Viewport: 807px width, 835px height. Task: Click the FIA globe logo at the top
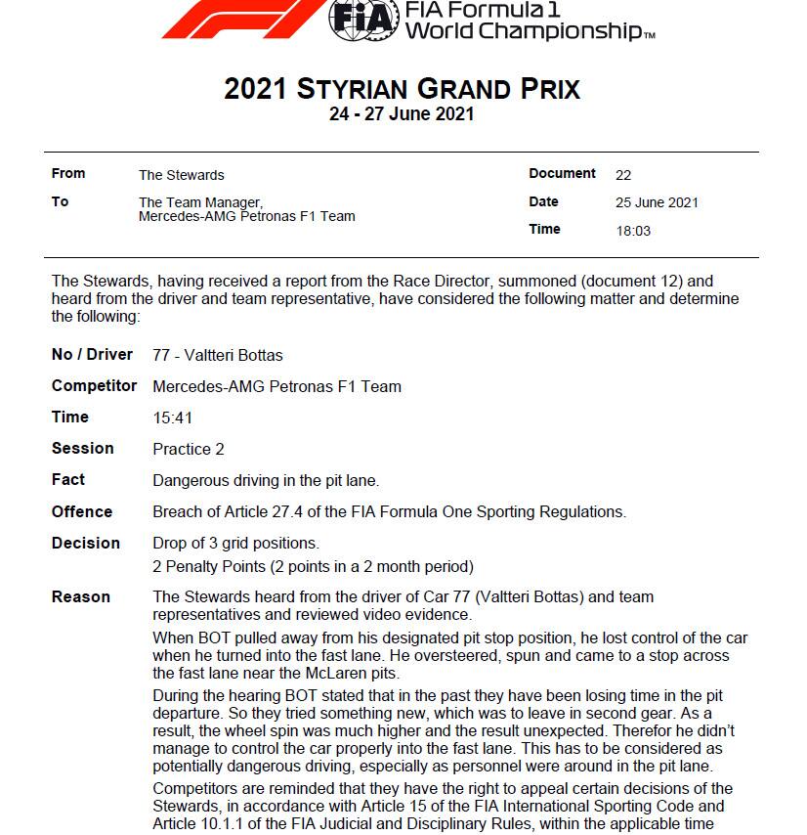click(x=364, y=17)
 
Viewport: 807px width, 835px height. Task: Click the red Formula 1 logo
click(x=244, y=17)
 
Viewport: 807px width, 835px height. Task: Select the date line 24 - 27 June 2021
click(x=402, y=114)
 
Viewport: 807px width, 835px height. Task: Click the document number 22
click(x=623, y=175)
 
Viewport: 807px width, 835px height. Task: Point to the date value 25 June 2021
click(x=657, y=202)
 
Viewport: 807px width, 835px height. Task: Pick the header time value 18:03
click(x=632, y=231)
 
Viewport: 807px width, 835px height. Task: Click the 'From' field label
click(x=68, y=174)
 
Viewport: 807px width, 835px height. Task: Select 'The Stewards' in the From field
click(x=181, y=175)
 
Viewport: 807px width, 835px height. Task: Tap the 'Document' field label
click(x=562, y=174)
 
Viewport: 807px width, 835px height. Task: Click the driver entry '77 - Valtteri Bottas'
click(x=218, y=355)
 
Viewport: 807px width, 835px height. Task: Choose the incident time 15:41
click(x=173, y=417)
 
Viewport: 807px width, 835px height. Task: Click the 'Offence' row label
click(x=82, y=511)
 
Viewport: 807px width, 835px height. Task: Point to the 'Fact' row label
click(x=68, y=480)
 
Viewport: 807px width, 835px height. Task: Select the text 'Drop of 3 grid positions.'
click(x=235, y=543)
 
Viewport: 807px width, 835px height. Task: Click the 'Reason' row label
click(x=81, y=596)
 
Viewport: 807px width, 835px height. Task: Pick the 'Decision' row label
click(x=86, y=543)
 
